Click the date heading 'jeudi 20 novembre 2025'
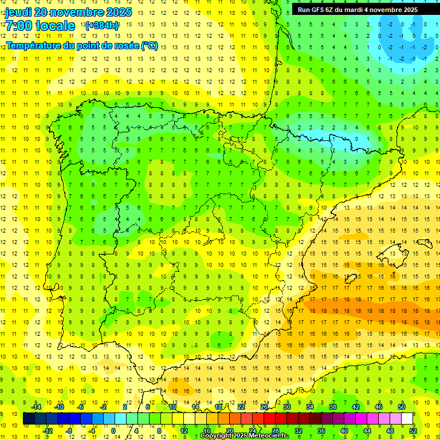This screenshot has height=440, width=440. (68, 12)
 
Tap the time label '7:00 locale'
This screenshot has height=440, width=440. (40, 26)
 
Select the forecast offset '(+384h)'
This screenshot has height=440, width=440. (102, 26)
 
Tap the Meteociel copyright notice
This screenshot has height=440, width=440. (244, 436)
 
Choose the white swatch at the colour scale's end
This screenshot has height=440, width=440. (407, 419)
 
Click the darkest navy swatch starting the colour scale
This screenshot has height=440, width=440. (29, 419)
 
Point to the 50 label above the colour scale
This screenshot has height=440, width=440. (402, 407)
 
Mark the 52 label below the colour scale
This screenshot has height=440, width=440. (413, 431)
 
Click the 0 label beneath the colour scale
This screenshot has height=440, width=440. (113, 431)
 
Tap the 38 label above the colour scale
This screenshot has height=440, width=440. (332, 407)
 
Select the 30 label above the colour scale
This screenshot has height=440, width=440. (286, 407)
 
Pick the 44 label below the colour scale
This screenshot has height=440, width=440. (367, 431)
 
